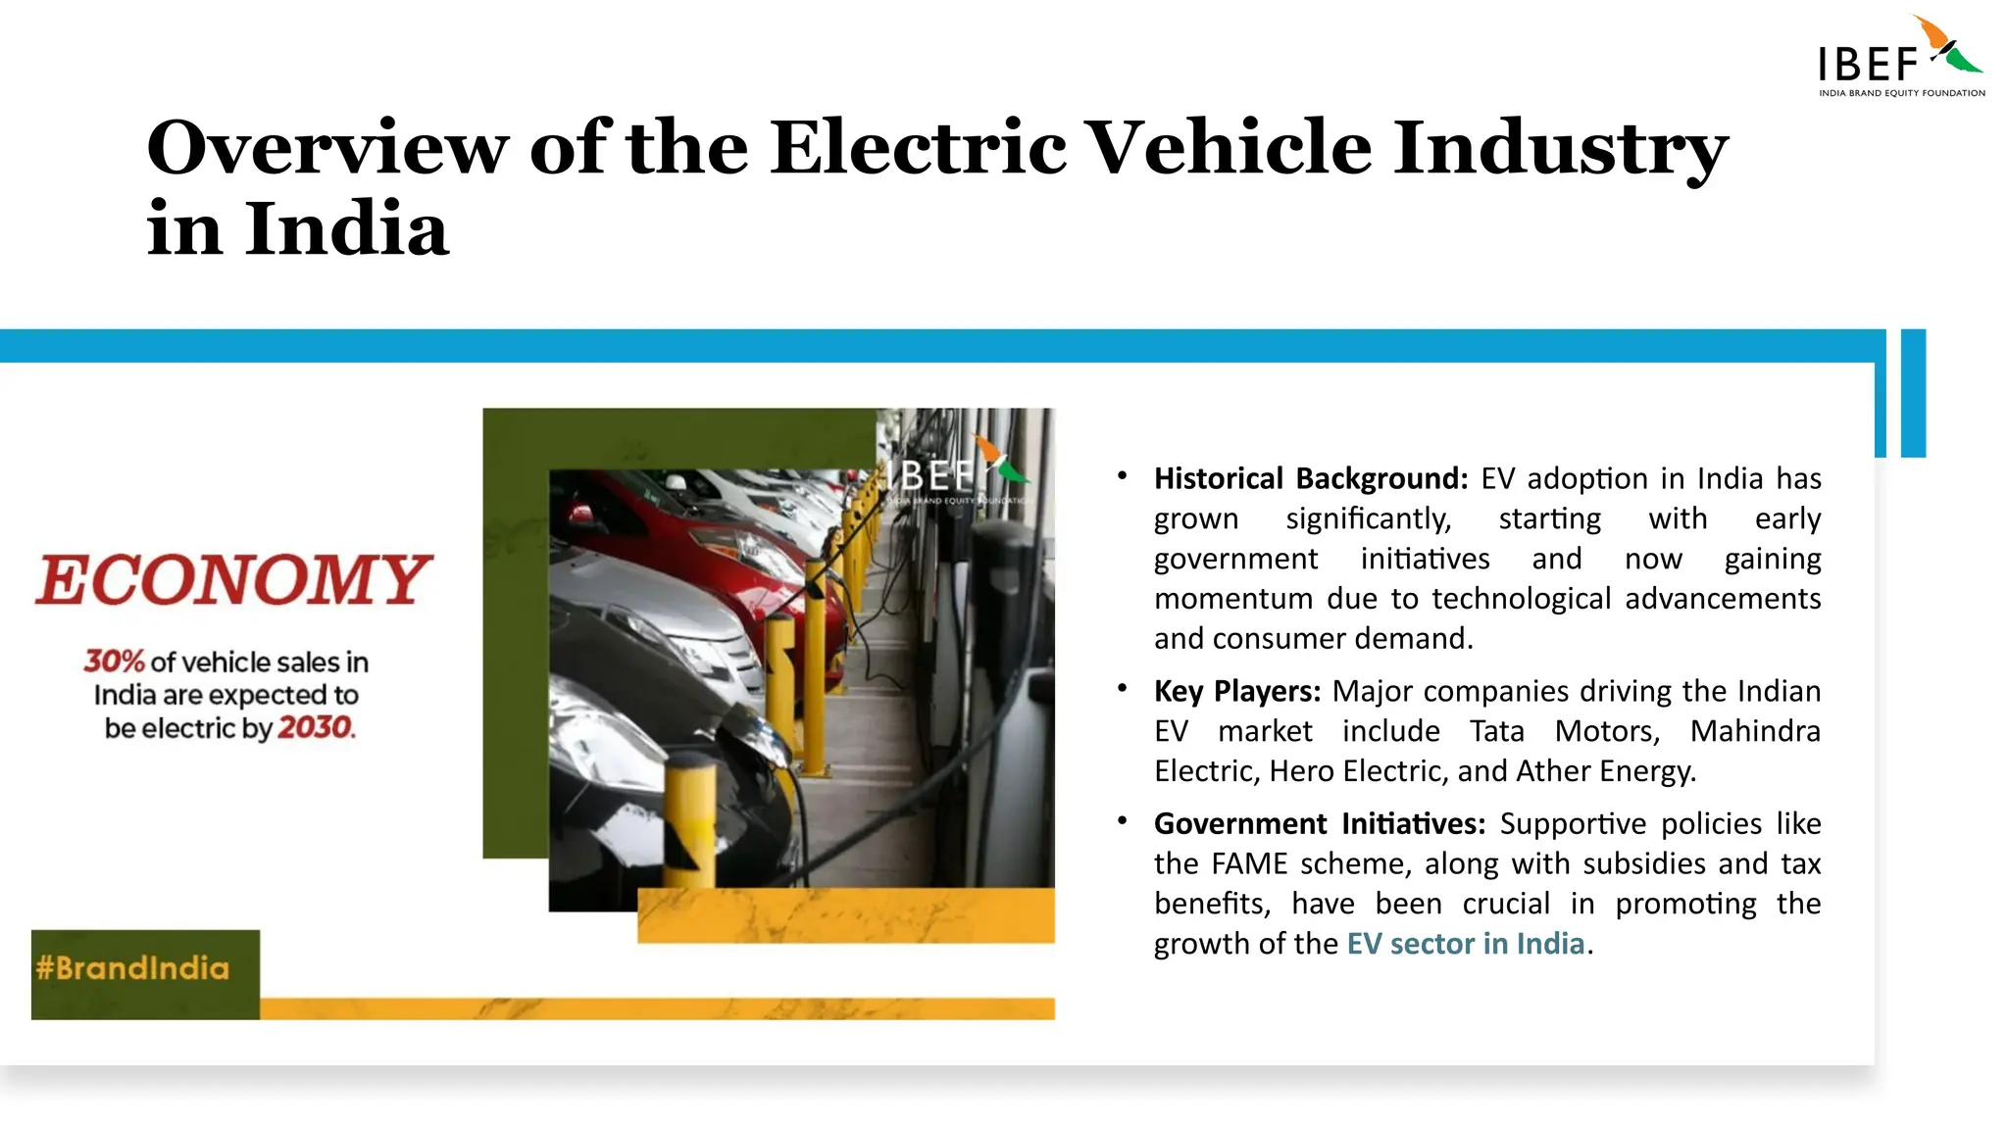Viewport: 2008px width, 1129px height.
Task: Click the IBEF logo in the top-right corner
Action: (1899, 59)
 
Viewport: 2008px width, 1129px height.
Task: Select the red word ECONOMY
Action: (233, 579)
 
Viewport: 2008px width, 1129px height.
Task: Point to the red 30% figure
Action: (114, 662)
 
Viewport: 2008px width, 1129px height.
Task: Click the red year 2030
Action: (315, 728)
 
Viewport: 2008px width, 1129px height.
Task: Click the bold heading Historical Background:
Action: (1310, 478)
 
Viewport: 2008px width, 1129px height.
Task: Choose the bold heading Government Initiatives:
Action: (1320, 823)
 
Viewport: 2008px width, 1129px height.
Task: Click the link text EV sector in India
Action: (1465, 944)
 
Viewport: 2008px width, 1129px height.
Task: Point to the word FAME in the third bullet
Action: (1249, 863)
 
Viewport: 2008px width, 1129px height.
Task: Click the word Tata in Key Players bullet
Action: (1496, 731)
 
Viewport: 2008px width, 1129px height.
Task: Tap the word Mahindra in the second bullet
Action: (1754, 731)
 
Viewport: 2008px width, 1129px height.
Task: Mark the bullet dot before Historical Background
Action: (1122, 476)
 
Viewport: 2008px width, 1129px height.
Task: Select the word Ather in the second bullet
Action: (1553, 771)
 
